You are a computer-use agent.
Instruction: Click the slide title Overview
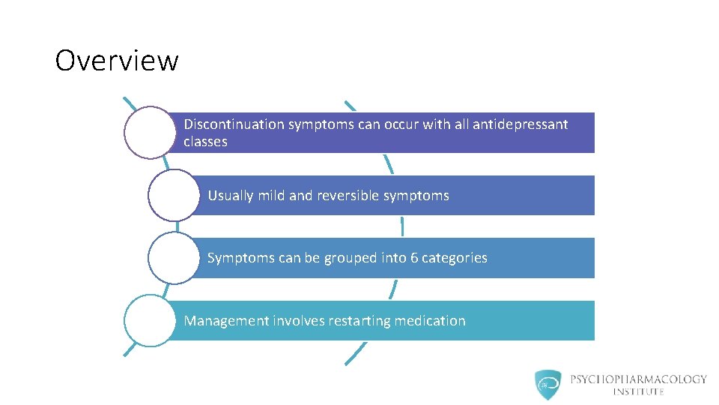[117, 61]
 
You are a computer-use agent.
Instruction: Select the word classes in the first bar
[205, 142]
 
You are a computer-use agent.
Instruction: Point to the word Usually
[231, 196]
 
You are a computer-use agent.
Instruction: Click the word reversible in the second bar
[348, 196]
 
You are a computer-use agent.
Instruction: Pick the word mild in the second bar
[271, 196]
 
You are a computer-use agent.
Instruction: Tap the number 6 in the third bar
[414, 258]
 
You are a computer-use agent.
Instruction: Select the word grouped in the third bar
[350, 258]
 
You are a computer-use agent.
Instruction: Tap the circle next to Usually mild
[174, 195]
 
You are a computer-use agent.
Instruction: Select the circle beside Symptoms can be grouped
[174, 258]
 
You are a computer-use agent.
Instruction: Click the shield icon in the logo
[548, 384]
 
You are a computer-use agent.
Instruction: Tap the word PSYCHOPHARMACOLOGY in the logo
[638, 379]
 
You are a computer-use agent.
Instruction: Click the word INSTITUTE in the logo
[638, 391]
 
